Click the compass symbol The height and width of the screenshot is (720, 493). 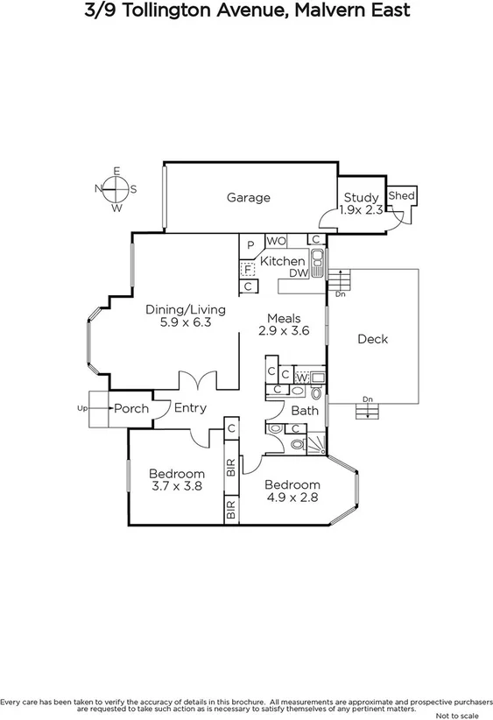pyautogui.click(x=116, y=189)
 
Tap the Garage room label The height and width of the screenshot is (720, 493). pyautogui.click(x=249, y=198)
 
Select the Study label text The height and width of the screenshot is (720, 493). pyautogui.click(x=361, y=198)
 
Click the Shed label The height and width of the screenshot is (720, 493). pyautogui.click(x=401, y=195)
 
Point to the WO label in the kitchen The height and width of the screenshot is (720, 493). pyautogui.click(x=276, y=241)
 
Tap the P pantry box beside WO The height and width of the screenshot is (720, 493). pyautogui.click(x=250, y=244)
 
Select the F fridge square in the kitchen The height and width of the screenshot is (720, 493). pyautogui.click(x=248, y=269)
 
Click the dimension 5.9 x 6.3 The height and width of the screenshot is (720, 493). pyautogui.click(x=186, y=322)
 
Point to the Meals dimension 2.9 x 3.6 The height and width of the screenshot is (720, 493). pyautogui.click(x=285, y=331)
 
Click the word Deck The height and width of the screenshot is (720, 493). pyautogui.click(x=372, y=339)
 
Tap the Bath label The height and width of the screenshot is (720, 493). pyautogui.click(x=305, y=410)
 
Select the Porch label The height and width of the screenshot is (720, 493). pyautogui.click(x=131, y=408)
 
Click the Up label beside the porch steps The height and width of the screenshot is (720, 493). pyautogui.click(x=83, y=408)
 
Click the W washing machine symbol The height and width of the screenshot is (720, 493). pyautogui.click(x=302, y=378)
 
